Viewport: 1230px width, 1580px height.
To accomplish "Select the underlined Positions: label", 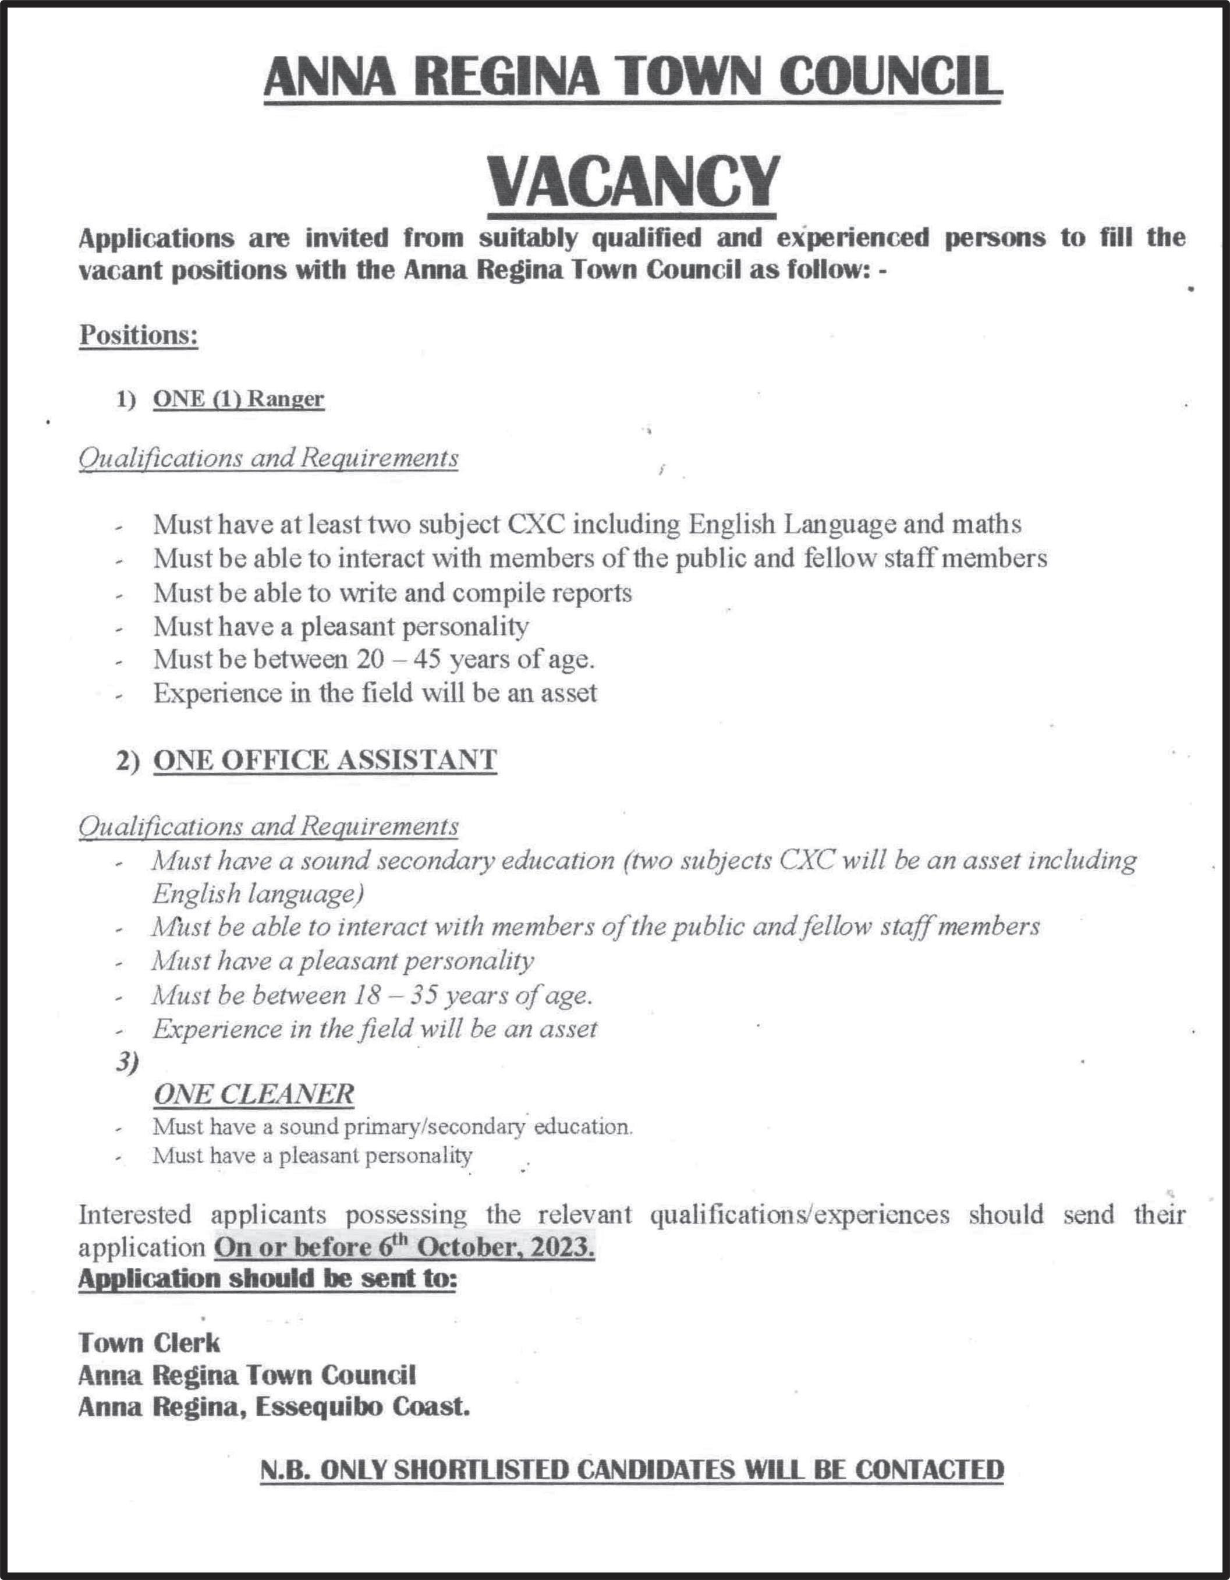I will pos(138,335).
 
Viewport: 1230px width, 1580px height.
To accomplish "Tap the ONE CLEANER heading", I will pos(253,1093).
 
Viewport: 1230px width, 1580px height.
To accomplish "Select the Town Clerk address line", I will pos(149,1343).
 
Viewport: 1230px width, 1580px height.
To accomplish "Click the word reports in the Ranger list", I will pos(591,592).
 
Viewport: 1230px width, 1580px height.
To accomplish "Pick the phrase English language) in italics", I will pos(257,894).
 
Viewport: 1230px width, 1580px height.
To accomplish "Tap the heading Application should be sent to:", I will pos(268,1279).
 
